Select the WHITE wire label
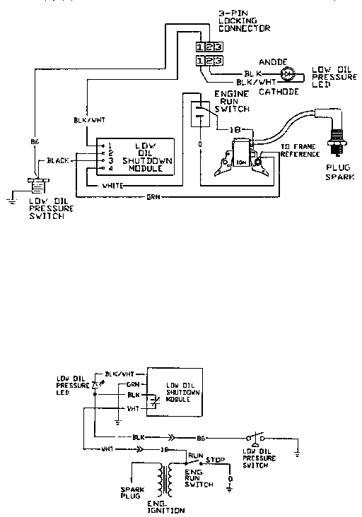[112, 185]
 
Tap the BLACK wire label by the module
[57, 161]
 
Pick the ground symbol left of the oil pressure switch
[9, 200]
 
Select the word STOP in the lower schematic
[216, 460]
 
